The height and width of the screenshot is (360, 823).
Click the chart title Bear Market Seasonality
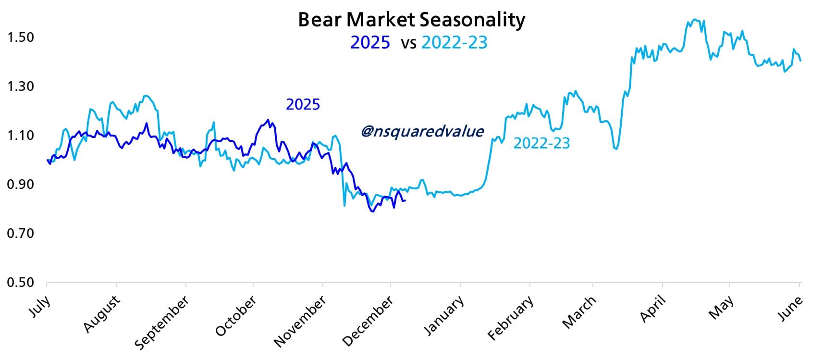(411, 20)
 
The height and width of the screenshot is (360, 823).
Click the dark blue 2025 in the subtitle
(370, 43)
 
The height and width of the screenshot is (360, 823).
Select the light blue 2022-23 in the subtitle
(454, 43)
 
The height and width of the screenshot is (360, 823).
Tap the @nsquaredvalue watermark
(422, 131)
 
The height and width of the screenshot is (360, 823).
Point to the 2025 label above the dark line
(303, 104)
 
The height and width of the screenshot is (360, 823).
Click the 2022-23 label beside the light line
(541, 143)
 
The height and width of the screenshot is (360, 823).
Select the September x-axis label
(161, 323)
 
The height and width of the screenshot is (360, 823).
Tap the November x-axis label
(300, 321)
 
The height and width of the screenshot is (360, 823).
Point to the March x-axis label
(579, 312)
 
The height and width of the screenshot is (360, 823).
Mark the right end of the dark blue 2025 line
(405, 200)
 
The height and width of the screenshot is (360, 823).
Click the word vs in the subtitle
(408, 44)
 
